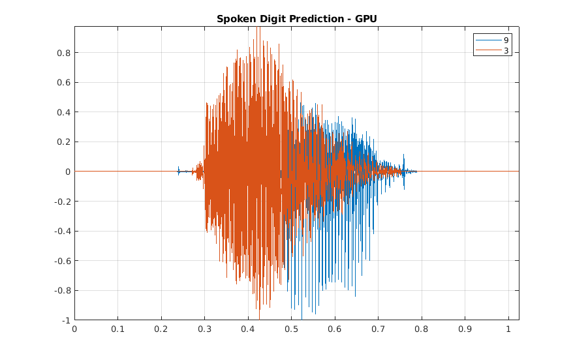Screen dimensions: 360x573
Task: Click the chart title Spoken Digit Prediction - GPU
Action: [x=296, y=19]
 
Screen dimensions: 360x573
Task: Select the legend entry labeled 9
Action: [x=506, y=40]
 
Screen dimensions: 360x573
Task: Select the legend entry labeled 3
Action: [x=506, y=50]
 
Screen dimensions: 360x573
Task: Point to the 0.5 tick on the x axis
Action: [x=291, y=329]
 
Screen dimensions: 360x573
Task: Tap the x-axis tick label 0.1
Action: [x=117, y=329]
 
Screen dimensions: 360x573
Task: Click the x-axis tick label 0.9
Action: [x=465, y=329]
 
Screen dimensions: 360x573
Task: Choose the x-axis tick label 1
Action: [x=508, y=329]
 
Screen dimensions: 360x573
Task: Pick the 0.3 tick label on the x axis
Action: [x=204, y=329]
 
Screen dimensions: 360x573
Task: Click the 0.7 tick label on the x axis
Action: [x=378, y=329]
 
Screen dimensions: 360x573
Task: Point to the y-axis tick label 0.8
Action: [x=63, y=53]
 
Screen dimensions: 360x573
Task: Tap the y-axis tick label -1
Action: [x=66, y=320]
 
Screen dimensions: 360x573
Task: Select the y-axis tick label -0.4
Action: [x=62, y=231]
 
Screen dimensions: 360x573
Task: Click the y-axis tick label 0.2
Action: [x=63, y=142]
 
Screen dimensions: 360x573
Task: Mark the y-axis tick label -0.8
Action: [x=62, y=290]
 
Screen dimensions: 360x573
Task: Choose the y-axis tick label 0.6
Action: [x=63, y=83]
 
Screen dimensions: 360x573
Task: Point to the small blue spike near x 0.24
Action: [x=178, y=170]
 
